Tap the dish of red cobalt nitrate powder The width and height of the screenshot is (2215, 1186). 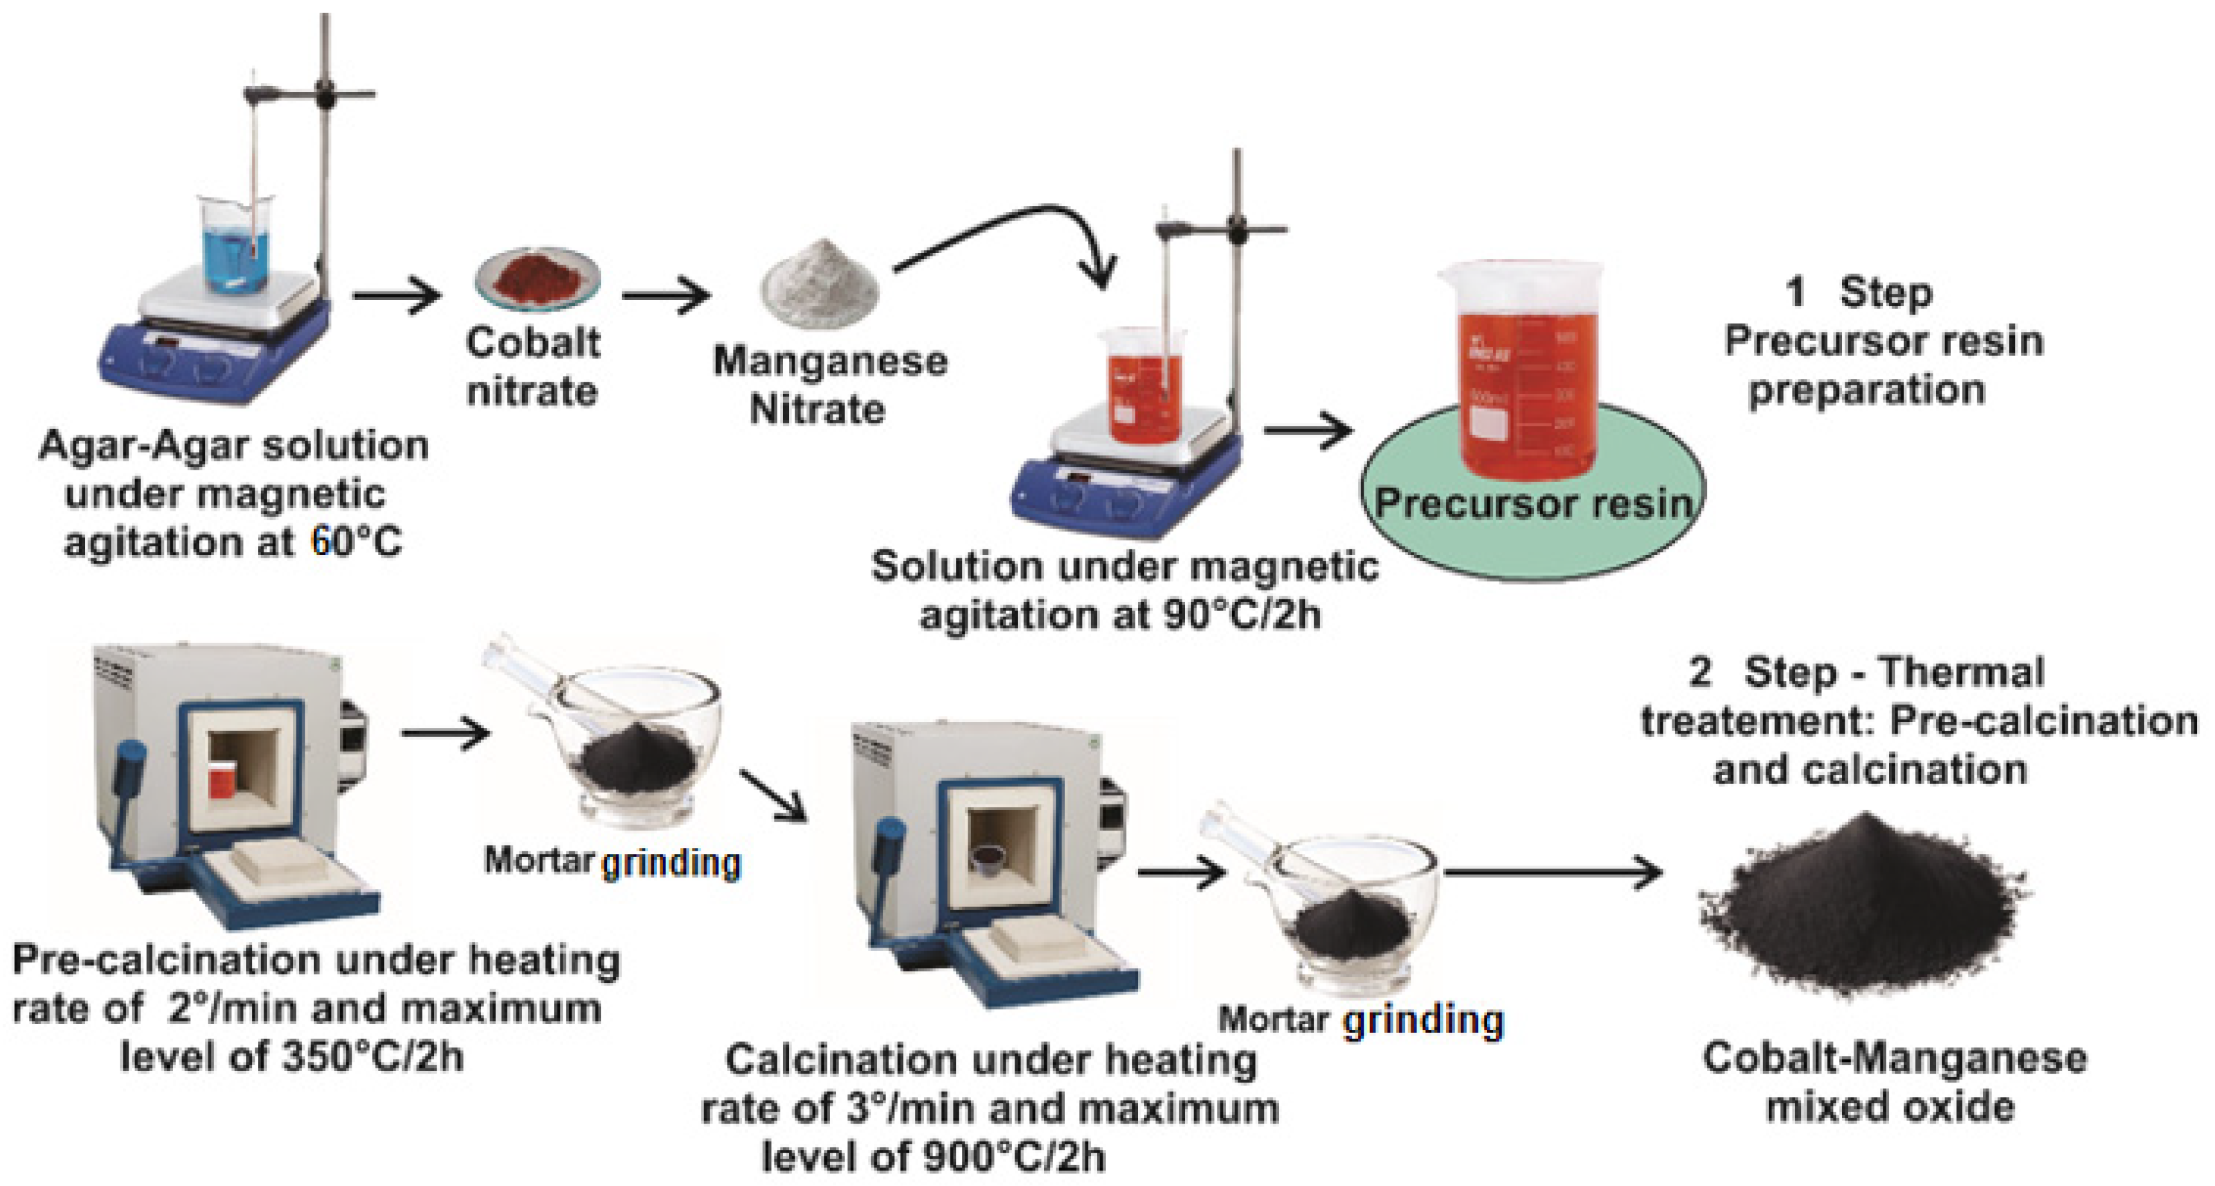coord(538,278)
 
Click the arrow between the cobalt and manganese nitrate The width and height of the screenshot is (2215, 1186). coord(665,296)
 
